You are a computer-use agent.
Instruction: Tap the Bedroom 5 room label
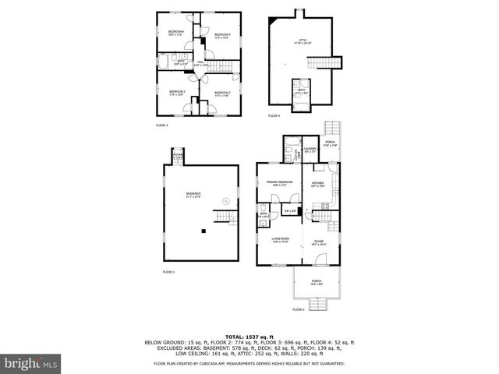(x=223, y=36)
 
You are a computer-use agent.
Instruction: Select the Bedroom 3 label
(x=177, y=93)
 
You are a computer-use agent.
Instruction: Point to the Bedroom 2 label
(x=223, y=93)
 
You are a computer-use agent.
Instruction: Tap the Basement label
(x=193, y=195)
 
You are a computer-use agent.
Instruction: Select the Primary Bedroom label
(x=278, y=184)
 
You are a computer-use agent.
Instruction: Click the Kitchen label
(x=318, y=185)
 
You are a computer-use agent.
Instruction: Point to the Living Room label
(x=281, y=240)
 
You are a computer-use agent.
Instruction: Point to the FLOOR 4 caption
(x=274, y=116)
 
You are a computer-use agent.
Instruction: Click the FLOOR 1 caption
(x=169, y=272)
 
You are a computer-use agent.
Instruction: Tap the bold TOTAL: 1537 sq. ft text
(x=249, y=336)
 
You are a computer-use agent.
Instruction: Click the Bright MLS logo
(x=30, y=363)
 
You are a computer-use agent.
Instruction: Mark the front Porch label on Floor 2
(x=317, y=282)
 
